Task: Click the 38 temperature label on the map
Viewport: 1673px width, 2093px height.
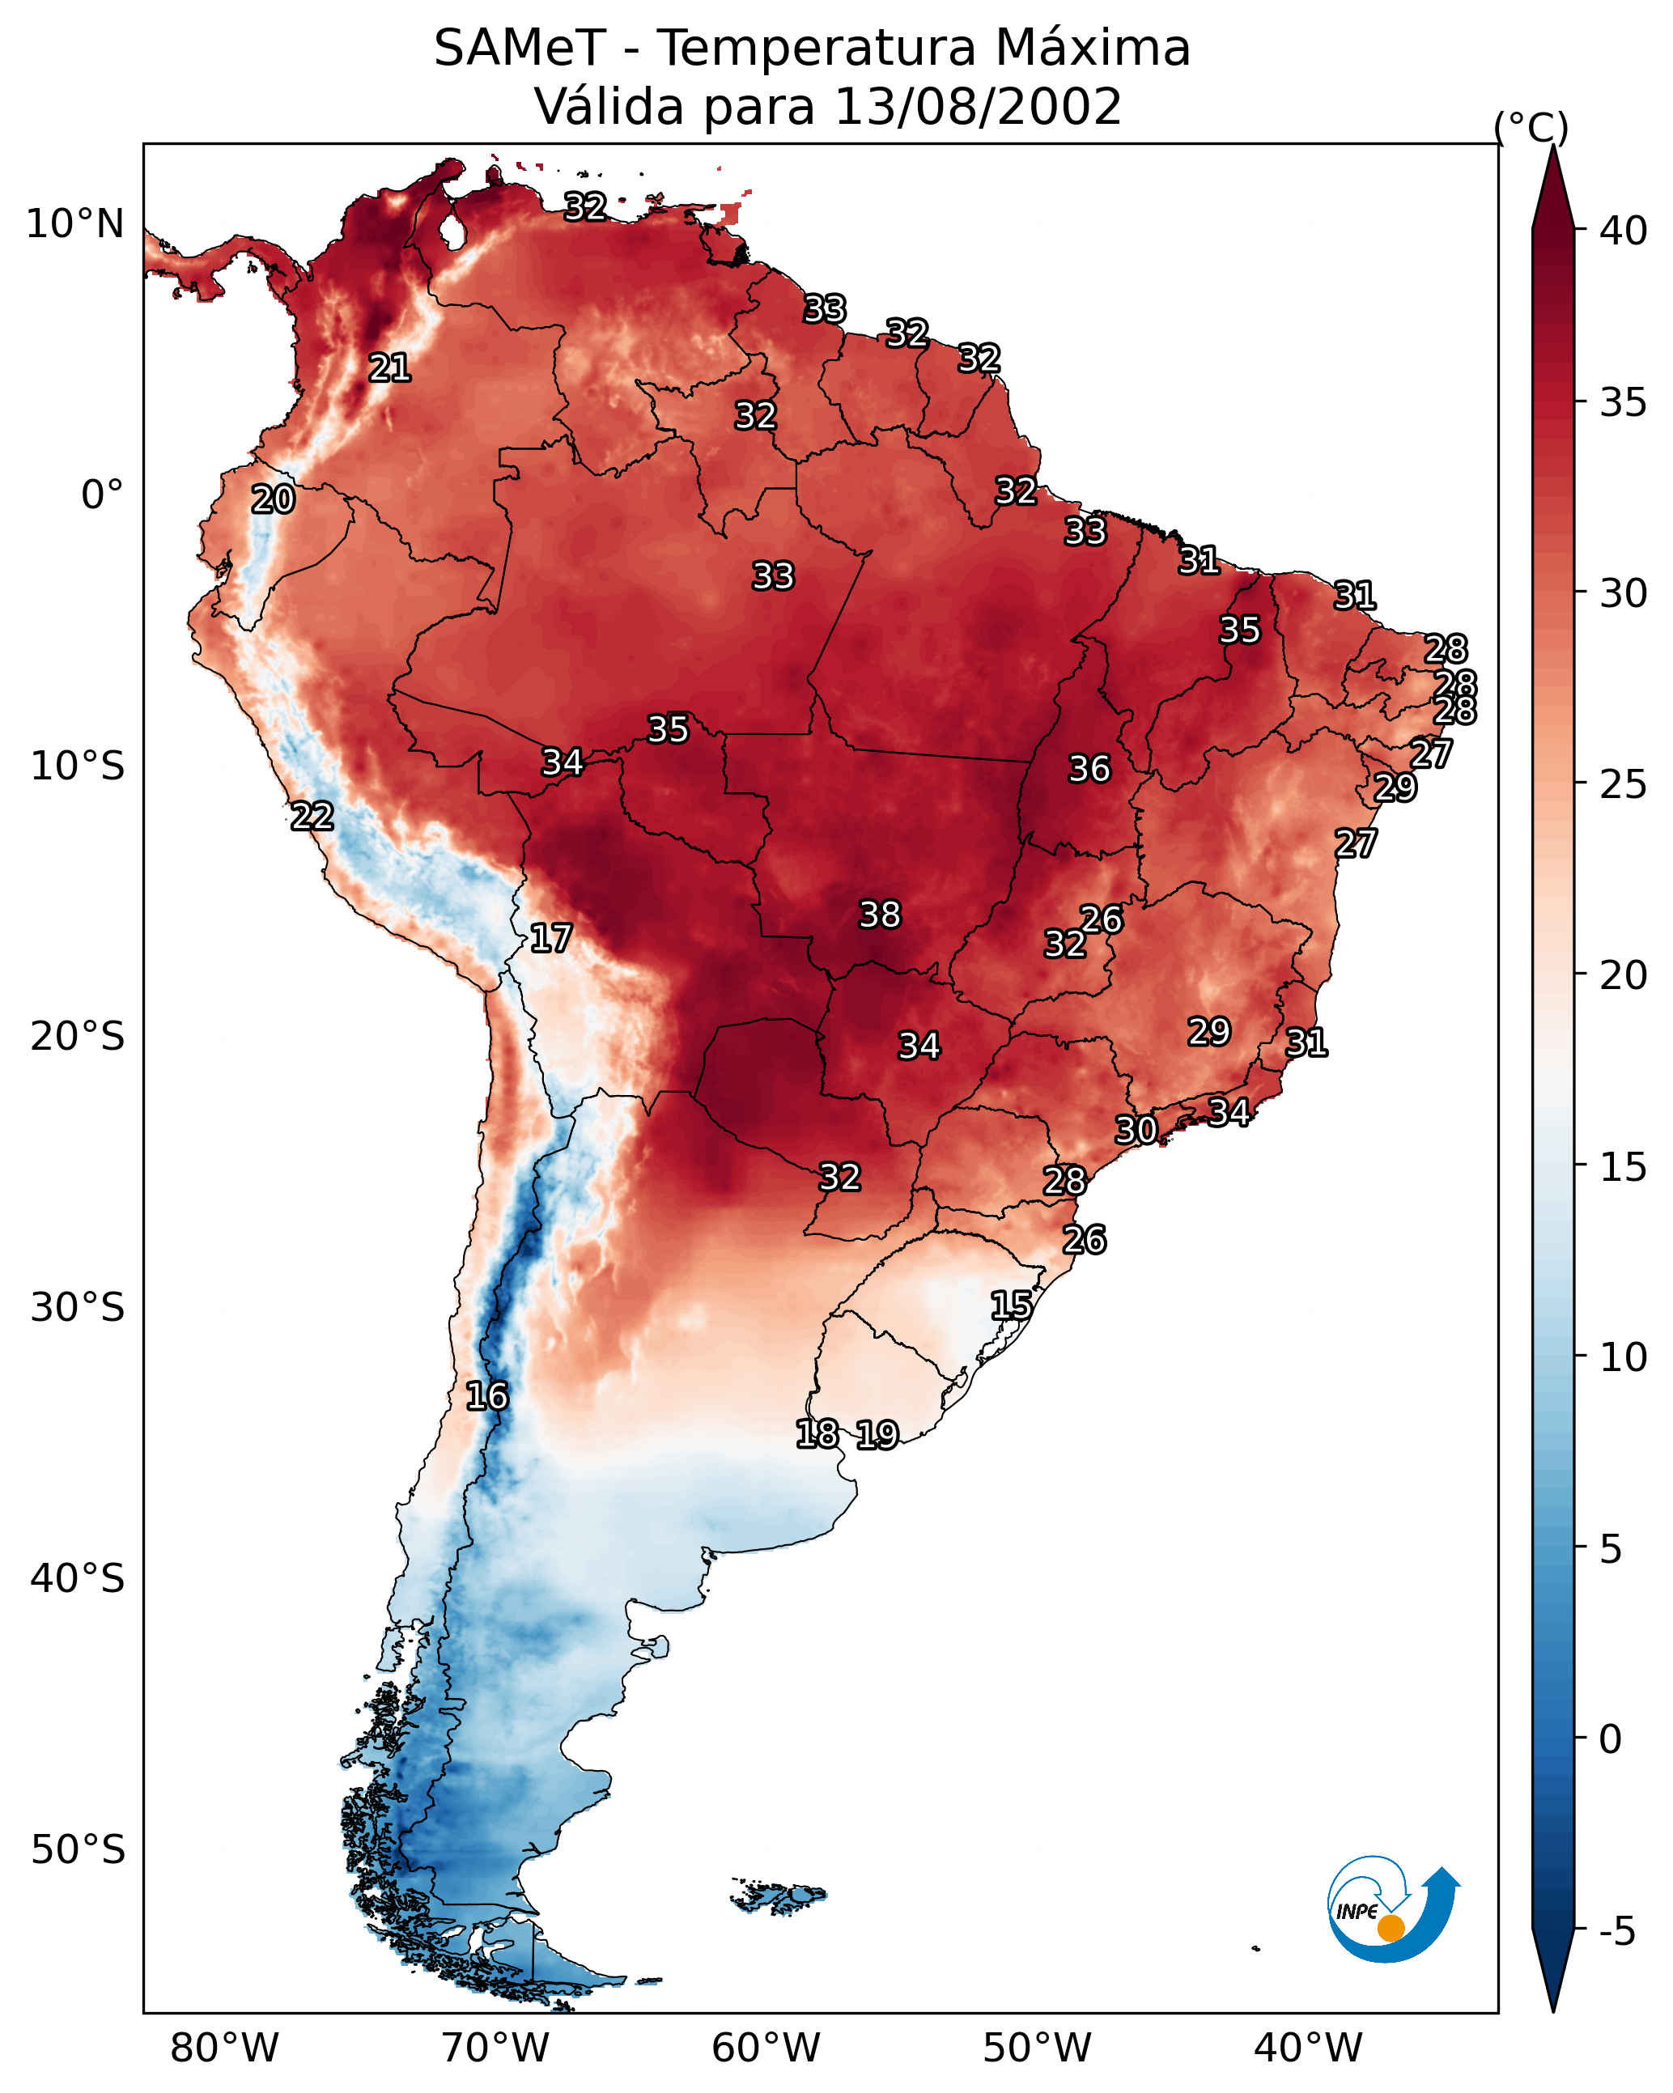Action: pos(880,915)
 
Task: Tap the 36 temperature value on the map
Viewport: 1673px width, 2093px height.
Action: pos(1089,769)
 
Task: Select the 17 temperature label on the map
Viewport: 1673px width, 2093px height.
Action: pos(550,938)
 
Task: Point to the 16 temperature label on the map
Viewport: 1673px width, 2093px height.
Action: pos(486,1396)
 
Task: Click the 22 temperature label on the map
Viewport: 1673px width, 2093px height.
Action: pos(312,817)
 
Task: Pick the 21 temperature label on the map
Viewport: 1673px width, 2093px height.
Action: pos(389,368)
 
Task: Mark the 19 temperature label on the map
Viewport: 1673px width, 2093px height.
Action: pos(877,1435)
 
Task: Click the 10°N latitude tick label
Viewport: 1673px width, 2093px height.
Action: pos(74,224)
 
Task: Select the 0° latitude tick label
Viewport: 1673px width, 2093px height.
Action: pos(102,495)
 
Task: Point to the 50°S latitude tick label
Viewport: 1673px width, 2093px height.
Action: pos(78,1850)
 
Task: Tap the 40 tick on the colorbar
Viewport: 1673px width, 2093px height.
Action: pos(1624,231)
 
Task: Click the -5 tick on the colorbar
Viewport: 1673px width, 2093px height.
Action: pos(1616,1932)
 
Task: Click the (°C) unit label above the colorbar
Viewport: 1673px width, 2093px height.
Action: pos(1531,127)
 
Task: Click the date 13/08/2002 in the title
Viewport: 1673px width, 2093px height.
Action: pos(978,106)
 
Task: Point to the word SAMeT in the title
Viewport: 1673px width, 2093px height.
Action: pos(520,48)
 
